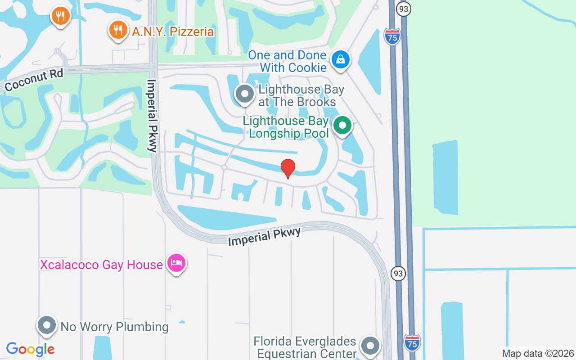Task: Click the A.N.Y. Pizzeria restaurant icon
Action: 118,30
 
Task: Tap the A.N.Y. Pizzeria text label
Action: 173,31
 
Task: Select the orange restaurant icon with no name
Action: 60,16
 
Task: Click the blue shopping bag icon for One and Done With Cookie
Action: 341,59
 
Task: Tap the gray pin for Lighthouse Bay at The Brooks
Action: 245,94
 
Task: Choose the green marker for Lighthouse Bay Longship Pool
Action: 343,125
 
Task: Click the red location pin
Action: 288,168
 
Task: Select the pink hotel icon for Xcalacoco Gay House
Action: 176,263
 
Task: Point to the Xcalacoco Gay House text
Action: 101,265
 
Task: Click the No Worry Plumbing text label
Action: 114,327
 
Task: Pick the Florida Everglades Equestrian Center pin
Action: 370,346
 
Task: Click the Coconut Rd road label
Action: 34,80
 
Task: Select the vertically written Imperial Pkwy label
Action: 152,116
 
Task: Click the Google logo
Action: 31,349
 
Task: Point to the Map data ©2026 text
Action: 538,353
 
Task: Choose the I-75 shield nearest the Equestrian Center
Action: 412,343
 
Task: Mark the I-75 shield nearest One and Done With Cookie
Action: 392,36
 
